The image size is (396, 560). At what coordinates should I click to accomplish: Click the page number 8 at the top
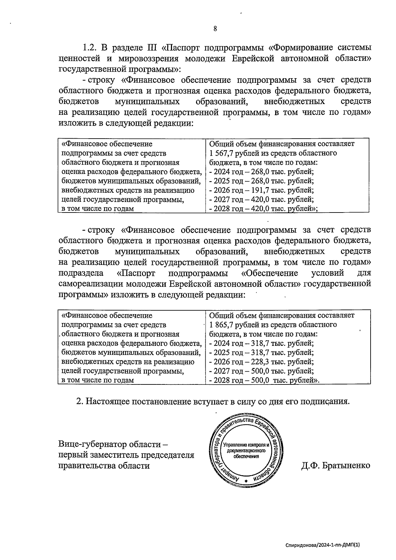tap(215, 29)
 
